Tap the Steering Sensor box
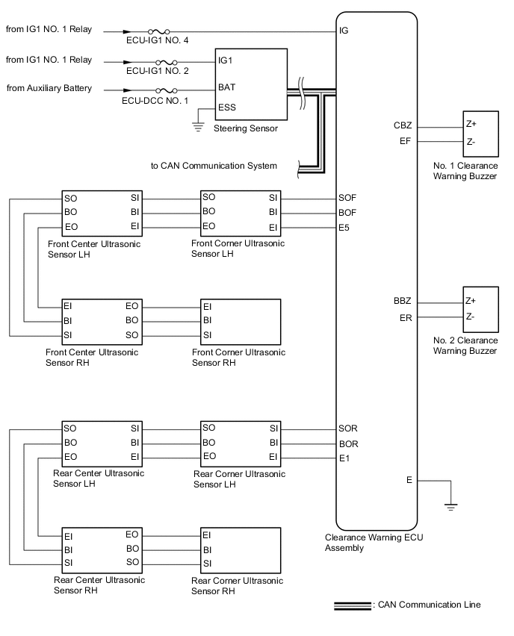250,84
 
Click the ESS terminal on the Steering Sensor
226,107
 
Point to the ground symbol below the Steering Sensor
198,125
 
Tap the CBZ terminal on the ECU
403,125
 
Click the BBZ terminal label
403,302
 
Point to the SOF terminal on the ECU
348,198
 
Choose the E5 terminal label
344,226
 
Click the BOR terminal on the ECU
348,443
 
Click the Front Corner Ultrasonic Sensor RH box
240,320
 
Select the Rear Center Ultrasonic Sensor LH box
102,443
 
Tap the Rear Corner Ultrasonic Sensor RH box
240,549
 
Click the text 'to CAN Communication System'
214,166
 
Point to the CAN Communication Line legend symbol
352,605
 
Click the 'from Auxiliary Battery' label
49,88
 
